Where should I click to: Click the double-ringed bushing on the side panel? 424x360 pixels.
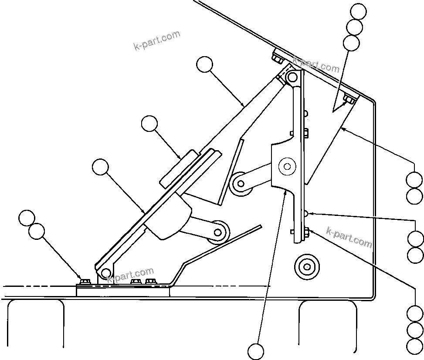(307, 266)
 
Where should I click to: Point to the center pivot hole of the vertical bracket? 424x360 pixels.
(287, 166)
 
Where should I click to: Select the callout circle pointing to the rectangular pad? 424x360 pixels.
(149, 124)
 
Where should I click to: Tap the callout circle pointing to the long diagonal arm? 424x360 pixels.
(204, 65)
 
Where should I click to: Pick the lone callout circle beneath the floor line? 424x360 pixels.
(256, 351)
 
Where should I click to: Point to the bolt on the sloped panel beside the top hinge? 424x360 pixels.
(277, 57)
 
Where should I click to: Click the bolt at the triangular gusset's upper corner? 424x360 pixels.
(349, 100)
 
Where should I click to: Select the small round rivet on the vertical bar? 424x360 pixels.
(307, 213)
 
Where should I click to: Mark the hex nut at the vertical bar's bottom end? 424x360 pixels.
(306, 231)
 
